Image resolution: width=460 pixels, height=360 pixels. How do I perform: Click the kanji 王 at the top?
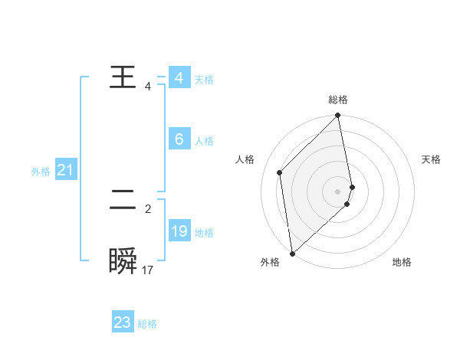coord(123,78)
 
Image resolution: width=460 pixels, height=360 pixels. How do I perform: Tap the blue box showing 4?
coord(179,78)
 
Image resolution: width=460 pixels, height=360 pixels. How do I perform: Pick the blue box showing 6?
coord(179,139)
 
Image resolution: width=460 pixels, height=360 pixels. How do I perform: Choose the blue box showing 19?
coord(179,231)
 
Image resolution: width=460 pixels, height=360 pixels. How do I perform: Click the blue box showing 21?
coord(65,170)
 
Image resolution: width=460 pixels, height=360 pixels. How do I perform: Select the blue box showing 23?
coord(123,322)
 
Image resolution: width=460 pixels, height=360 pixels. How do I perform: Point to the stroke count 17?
coord(148,270)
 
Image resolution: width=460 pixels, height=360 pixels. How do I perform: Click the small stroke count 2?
coord(148,208)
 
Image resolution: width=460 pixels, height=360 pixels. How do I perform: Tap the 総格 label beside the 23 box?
coord(147,324)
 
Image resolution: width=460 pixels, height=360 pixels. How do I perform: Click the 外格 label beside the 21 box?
coord(41,172)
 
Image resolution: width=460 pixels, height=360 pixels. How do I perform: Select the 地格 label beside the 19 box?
coord(204,233)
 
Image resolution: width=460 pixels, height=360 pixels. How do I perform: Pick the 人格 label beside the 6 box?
coord(204,141)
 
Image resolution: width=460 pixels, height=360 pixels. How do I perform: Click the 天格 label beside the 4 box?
coord(204,80)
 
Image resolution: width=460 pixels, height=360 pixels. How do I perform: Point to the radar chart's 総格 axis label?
coord(338,100)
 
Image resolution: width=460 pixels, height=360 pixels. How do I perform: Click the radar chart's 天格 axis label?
coord(431,159)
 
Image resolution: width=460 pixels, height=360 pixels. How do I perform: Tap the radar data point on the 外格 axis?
coord(292,254)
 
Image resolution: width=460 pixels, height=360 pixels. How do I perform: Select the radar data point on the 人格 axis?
coord(280,172)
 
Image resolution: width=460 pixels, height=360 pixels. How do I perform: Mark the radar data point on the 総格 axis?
coord(338,116)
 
